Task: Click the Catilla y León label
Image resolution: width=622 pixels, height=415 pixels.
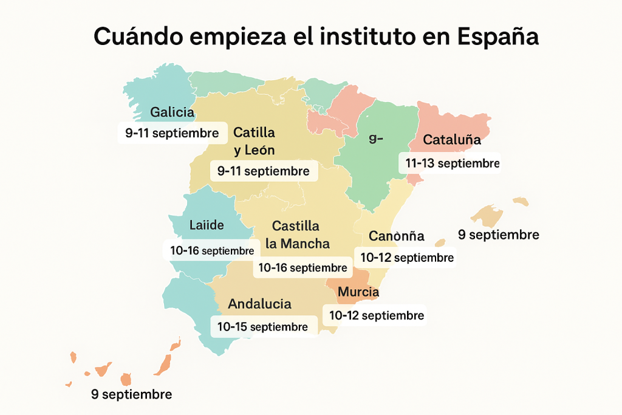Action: point(254,141)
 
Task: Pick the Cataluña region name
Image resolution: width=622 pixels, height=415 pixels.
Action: point(452,140)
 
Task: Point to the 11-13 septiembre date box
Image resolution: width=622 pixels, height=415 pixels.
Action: point(450,163)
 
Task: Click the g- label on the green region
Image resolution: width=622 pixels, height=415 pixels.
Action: point(376,138)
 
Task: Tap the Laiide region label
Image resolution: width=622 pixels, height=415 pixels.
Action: point(206,225)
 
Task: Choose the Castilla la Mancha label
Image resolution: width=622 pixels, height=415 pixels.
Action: point(297,235)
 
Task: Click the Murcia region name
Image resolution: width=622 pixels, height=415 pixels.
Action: point(358,292)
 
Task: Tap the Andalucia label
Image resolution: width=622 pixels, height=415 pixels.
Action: point(259,304)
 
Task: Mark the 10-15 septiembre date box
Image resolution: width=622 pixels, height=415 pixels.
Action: point(262,327)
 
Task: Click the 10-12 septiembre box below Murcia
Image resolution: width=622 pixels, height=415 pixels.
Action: point(376,316)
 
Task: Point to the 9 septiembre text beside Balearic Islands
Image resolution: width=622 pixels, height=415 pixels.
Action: point(499,235)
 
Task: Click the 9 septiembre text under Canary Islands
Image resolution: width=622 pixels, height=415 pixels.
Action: point(131,394)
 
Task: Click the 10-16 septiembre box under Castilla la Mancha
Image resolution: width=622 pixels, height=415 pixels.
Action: point(302,267)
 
